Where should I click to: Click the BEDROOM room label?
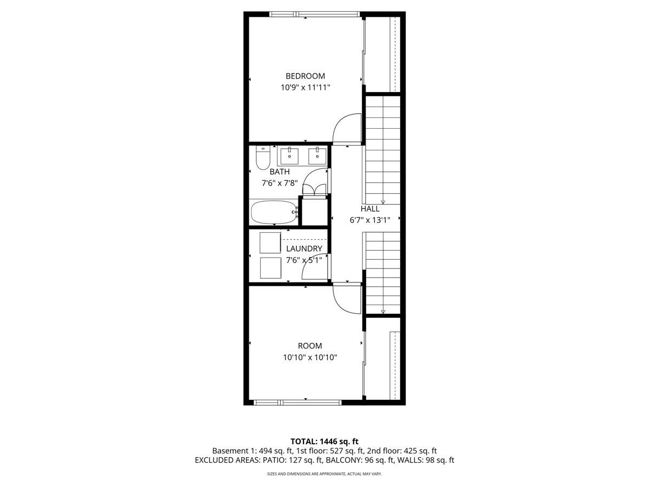[x=305, y=76]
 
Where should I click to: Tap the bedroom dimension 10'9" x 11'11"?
[x=305, y=87]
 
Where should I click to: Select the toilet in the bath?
[x=262, y=157]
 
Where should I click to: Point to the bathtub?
[x=274, y=212]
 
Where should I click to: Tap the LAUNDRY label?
[x=304, y=248]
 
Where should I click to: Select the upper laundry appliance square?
[x=270, y=242]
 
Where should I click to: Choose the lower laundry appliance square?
[x=270, y=267]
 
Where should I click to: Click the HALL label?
[x=370, y=208]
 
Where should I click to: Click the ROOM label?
[x=309, y=346]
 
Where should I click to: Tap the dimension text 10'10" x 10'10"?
[x=309, y=357]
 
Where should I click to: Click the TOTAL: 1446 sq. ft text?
[x=324, y=441]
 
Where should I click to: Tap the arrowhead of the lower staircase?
[x=383, y=312]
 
